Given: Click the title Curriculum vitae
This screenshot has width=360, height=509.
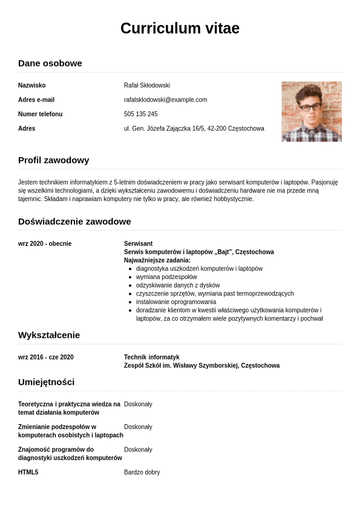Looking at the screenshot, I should (180, 28).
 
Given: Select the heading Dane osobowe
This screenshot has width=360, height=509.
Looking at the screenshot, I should (50, 63).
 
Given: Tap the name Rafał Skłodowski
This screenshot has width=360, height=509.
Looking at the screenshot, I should (147, 85).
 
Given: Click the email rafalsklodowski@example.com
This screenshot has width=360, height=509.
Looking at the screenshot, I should (165, 100).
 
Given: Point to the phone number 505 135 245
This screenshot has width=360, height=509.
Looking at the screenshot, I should (140, 114).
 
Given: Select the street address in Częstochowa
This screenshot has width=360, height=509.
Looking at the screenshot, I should (194, 129).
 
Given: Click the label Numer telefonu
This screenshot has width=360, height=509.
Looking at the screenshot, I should (40, 114).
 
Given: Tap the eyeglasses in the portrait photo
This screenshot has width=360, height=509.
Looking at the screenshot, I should (310, 107).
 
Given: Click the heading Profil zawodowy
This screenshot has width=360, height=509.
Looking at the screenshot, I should (53, 160).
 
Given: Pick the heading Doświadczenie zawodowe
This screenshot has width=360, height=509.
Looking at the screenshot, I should (74, 222).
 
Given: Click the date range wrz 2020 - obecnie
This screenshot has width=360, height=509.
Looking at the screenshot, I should (45, 244).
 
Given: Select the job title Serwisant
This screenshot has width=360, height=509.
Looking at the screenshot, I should (138, 244).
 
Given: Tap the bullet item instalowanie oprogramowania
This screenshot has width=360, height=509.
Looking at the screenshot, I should (175, 302).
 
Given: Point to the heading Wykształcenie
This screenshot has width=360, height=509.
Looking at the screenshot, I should (49, 335).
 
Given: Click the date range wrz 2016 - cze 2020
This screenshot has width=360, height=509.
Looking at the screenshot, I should (46, 358).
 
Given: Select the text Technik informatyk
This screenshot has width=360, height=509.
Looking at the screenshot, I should (151, 358).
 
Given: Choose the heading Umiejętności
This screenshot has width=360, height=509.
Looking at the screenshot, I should (46, 382).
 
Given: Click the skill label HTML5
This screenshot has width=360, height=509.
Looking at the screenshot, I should (28, 473).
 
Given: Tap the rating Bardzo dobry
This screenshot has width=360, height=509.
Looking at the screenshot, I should (142, 473).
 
